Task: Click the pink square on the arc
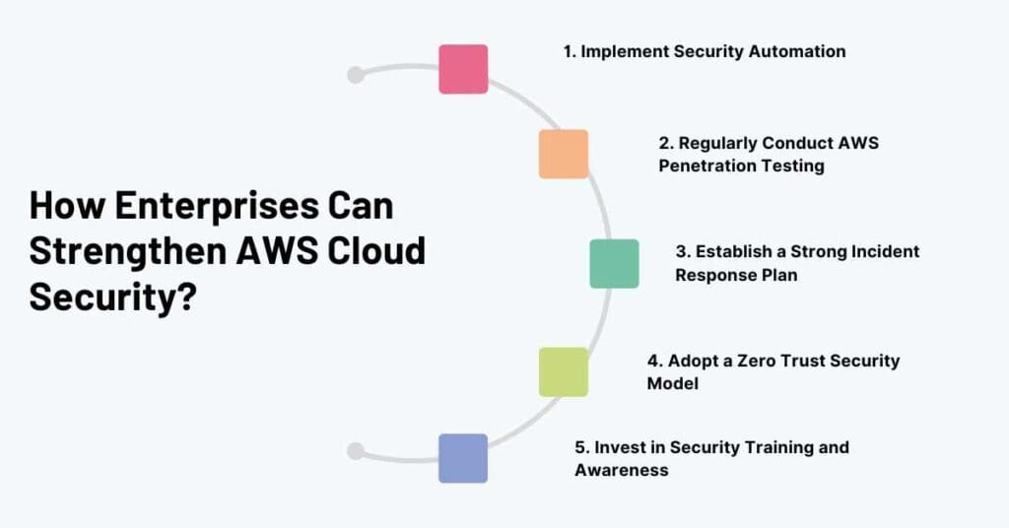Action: coord(463,69)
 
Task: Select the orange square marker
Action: coord(564,154)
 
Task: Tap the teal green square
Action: coord(614,263)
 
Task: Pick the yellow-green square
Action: coord(564,371)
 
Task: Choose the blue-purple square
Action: coord(463,458)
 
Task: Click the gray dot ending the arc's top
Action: coord(356,75)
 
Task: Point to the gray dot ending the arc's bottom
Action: coord(356,451)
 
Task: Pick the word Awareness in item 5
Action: coord(622,470)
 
